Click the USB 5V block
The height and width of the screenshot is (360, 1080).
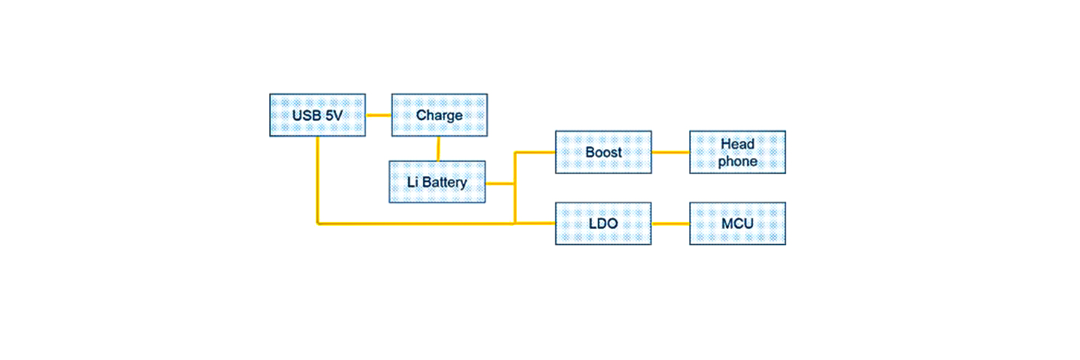point(317,115)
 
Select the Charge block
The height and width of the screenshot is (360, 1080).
point(439,115)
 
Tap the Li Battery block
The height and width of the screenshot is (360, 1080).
point(436,181)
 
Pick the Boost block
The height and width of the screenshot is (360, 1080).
point(603,152)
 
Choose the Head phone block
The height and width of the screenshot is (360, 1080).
point(737,152)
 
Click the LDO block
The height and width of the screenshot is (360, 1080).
point(603,223)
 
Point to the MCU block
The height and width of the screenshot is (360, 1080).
point(737,223)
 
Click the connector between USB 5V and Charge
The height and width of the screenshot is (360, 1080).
point(378,115)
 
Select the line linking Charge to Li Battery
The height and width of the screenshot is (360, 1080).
point(438,148)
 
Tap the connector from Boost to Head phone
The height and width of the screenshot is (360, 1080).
point(670,152)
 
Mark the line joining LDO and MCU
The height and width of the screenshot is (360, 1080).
point(670,223)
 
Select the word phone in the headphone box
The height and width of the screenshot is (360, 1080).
point(737,161)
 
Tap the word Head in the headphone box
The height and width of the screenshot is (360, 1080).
point(737,144)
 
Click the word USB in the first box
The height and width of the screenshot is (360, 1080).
point(305,115)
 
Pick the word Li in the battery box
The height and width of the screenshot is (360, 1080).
point(412,182)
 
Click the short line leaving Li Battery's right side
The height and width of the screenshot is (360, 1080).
point(499,183)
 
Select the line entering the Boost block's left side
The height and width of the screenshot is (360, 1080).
point(535,152)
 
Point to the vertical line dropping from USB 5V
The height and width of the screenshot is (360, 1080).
point(318,180)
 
